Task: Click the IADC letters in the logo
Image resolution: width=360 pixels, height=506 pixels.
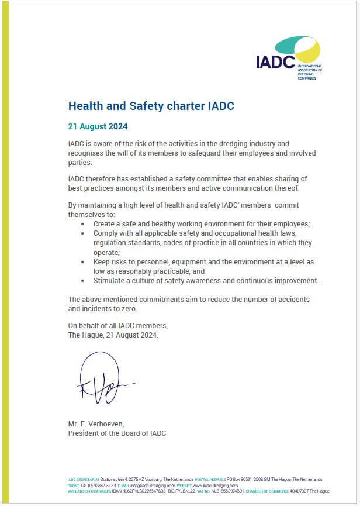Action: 275,61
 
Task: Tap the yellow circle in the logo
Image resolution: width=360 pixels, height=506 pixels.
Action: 309,51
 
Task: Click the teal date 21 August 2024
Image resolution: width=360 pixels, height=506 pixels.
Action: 98,126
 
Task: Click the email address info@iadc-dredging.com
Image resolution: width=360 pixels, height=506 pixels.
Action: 153,486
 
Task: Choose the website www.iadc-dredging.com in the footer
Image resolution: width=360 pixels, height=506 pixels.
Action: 215,486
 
